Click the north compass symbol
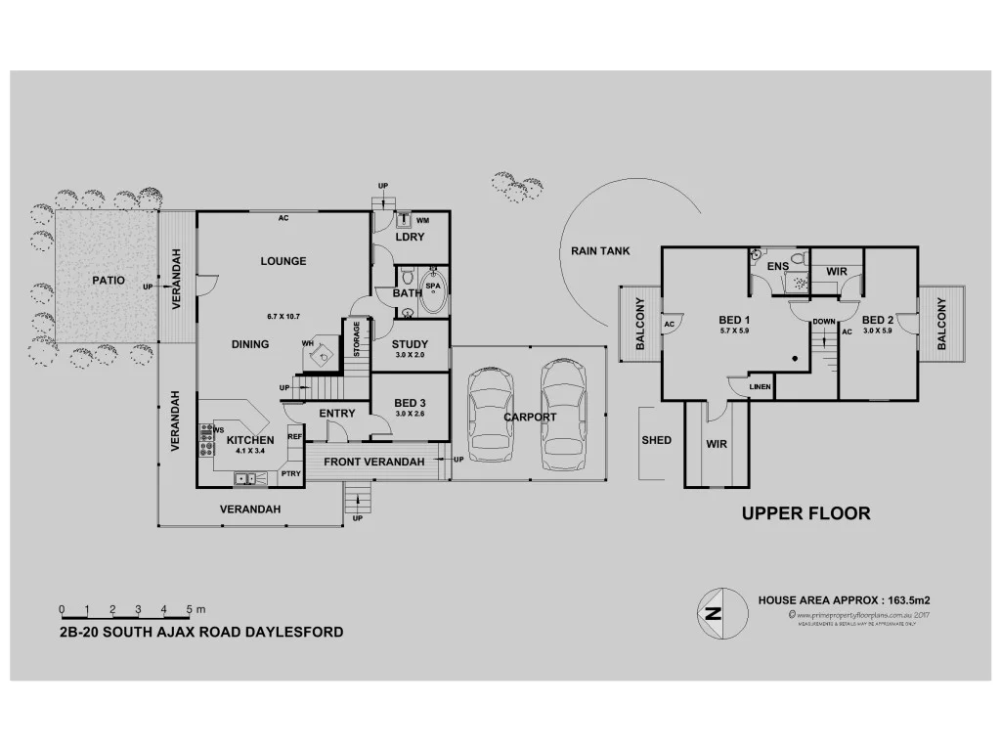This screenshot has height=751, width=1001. [x=714, y=615]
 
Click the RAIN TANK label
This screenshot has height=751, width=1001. [x=600, y=251]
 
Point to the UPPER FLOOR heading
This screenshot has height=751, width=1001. [x=805, y=513]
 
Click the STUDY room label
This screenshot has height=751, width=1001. [x=411, y=344]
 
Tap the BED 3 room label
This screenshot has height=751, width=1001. [x=411, y=403]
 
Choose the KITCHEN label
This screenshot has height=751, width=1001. [x=250, y=440]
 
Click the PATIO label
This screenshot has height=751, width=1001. [x=109, y=280]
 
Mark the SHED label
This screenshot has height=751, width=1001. [x=657, y=440]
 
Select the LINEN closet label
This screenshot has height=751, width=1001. [x=761, y=387]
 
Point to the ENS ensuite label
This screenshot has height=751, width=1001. [x=778, y=266]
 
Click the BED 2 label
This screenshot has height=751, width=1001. [x=878, y=320]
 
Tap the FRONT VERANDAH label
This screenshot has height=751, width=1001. [x=373, y=462]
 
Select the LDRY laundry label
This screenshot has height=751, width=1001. [x=409, y=238]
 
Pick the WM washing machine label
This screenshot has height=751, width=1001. [x=422, y=220]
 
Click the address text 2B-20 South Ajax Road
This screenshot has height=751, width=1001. [x=201, y=632]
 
